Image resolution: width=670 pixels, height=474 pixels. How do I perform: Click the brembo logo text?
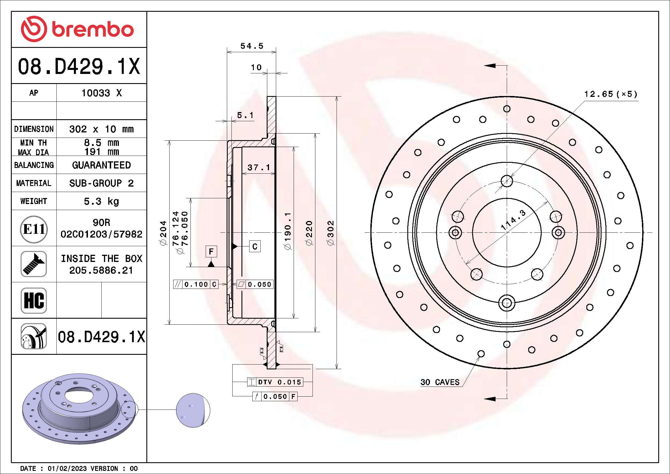click(93, 30)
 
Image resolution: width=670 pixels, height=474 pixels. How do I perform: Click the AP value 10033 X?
click(101, 93)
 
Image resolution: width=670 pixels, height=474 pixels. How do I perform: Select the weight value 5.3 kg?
click(101, 201)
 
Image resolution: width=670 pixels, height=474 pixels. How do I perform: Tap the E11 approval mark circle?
click(34, 229)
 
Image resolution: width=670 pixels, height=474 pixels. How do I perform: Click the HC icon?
click(34, 300)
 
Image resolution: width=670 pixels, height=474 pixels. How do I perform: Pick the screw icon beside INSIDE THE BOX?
click(34, 264)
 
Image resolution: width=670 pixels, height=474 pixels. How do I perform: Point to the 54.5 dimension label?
click(252, 46)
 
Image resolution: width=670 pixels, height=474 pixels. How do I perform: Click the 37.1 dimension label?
click(259, 168)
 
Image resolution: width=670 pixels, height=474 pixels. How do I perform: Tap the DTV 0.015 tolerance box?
click(275, 382)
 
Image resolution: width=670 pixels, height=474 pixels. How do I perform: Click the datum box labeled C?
click(255, 247)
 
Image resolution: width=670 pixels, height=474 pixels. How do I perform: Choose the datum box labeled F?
click(211, 252)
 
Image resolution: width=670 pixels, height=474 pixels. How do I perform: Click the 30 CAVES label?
click(440, 382)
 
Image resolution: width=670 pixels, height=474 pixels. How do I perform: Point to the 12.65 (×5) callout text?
click(610, 94)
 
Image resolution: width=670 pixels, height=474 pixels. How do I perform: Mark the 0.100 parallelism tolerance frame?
click(196, 284)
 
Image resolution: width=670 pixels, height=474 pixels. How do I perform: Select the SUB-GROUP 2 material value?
click(101, 183)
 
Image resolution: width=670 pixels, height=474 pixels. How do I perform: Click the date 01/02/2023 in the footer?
click(67, 469)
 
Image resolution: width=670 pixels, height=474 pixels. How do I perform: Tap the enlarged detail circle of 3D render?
click(193, 410)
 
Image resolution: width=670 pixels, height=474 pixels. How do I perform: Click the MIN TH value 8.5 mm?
click(101, 143)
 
